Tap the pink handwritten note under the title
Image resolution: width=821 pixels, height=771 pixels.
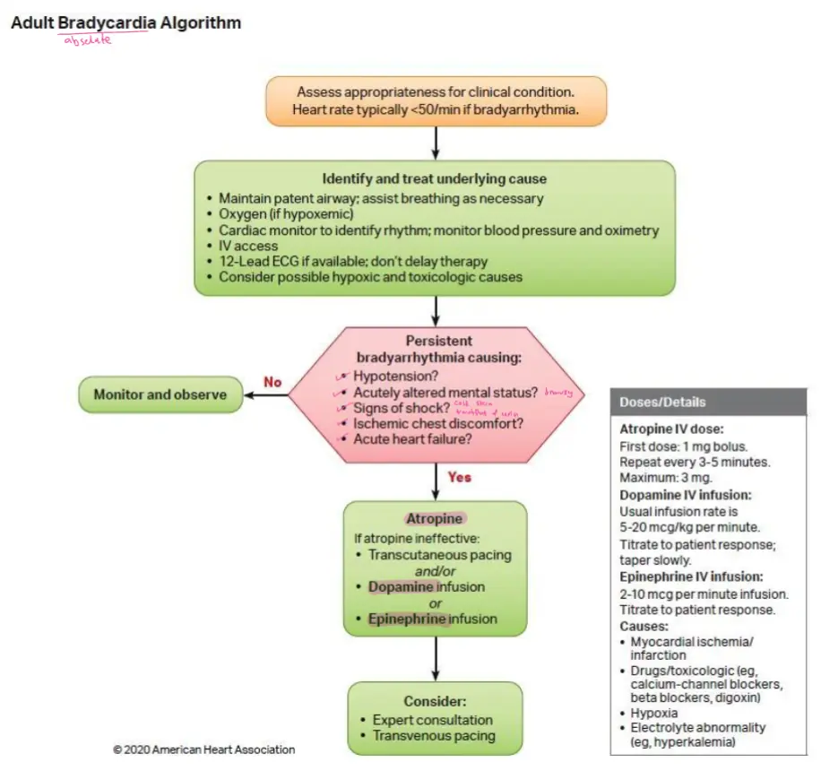coord(87,39)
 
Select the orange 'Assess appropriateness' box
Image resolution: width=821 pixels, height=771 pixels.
coord(435,100)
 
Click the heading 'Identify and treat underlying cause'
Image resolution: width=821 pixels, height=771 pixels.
coord(434,178)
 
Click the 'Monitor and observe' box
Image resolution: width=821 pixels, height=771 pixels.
coord(160,394)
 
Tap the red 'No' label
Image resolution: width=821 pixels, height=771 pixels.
coord(272,382)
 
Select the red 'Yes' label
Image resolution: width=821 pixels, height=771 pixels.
coord(459,477)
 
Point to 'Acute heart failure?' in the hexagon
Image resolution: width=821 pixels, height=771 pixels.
coord(412,439)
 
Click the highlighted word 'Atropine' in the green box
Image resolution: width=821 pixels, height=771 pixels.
coord(434,519)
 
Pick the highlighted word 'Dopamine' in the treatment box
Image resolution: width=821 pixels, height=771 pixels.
coord(402,587)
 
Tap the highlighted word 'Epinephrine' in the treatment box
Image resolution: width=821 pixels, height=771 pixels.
coord(408,619)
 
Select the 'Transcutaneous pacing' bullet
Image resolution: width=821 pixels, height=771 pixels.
coord(439,555)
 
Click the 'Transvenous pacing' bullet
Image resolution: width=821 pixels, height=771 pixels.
coord(433,736)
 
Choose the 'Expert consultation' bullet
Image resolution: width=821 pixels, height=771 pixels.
coord(432,720)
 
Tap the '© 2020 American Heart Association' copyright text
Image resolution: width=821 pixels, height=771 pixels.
coord(204,749)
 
